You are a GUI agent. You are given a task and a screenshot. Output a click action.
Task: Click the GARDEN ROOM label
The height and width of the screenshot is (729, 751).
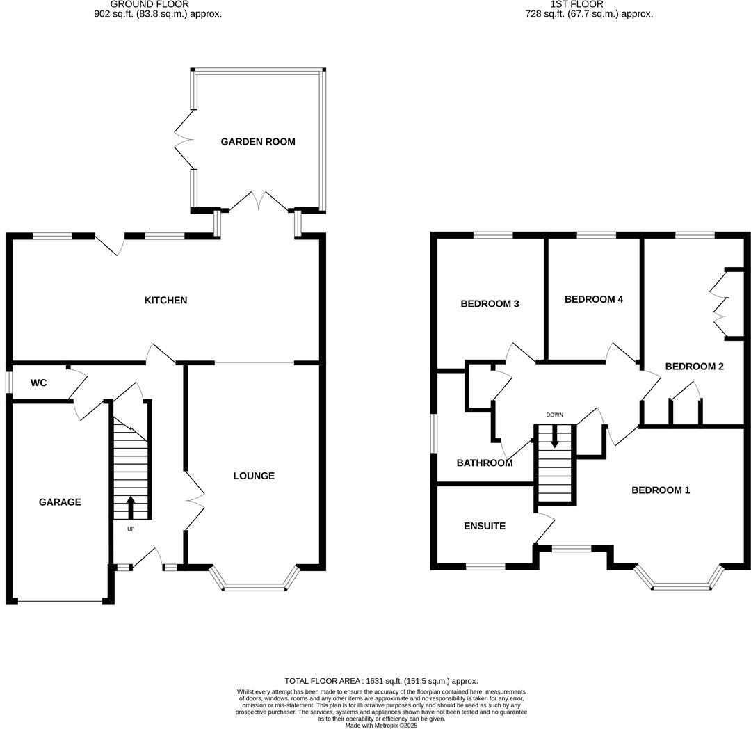258,142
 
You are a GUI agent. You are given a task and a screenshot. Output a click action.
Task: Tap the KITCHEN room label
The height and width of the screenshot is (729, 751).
165,301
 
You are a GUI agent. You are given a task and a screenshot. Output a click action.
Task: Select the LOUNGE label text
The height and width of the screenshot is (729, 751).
254,476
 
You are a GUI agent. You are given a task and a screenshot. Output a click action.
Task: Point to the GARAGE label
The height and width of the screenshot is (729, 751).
60,502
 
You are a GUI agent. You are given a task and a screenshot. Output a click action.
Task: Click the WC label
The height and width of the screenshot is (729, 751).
38,383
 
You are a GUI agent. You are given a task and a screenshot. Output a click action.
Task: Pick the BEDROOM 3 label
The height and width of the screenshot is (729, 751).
490,304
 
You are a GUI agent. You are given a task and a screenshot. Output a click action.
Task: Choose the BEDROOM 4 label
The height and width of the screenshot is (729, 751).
594,300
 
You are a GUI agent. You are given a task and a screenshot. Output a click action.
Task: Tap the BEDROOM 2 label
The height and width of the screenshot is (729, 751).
695,367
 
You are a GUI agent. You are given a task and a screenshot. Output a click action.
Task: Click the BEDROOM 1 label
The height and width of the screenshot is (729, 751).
661,490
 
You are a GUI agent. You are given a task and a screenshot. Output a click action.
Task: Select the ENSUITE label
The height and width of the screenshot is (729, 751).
485,527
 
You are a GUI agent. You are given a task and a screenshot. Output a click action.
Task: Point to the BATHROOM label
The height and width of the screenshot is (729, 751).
485,463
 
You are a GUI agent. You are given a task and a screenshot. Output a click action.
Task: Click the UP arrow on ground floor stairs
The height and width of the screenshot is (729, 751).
131,507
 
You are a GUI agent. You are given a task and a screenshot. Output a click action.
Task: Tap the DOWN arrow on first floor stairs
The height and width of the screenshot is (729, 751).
554,436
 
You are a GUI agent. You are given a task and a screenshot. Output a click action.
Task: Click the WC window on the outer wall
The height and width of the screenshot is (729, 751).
9,383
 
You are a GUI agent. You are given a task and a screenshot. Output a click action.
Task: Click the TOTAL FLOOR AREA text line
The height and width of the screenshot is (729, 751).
381,681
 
